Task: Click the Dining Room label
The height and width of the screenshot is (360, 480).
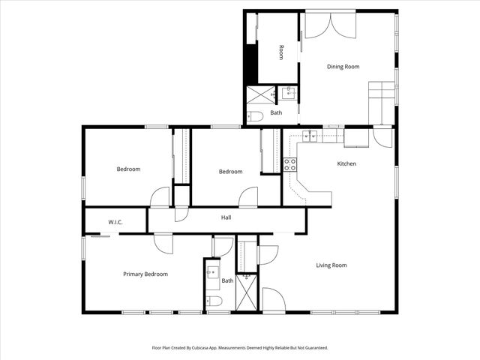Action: click(x=343, y=67)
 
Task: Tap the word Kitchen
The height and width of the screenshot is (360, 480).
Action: click(x=346, y=163)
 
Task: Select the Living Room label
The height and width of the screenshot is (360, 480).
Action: click(x=331, y=265)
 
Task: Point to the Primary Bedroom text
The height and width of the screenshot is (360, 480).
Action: click(x=145, y=274)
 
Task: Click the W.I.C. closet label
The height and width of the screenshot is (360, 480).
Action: click(x=115, y=222)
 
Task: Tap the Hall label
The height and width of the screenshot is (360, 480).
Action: click(x=226, y=217)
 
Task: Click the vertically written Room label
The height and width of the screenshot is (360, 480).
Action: click(x=281, y=52)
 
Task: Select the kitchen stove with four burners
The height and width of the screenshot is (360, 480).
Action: click(x=290, y=164)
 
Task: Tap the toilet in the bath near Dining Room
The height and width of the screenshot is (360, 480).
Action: click(x=254, y=116)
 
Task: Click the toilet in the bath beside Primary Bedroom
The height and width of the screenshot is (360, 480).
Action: click(x=214, y=302)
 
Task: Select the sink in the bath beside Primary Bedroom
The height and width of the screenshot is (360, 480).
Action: click(x=211, y=272)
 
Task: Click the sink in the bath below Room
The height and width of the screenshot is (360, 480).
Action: click(x=288, y=94)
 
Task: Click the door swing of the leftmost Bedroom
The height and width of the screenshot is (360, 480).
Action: click(x=160, y=197)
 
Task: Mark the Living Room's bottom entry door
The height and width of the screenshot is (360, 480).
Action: click(x=272, y=300)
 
